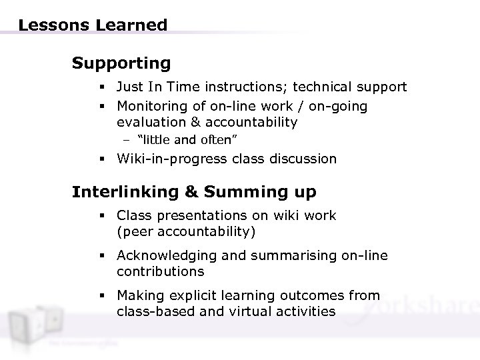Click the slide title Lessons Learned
click(93, 25)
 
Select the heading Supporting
click(121, 63)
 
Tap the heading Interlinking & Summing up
click(194, 192)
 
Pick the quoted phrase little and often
click(189, 140)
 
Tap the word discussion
click(303, 159)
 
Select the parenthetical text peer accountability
click(186, 231)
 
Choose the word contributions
click(160, 272)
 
